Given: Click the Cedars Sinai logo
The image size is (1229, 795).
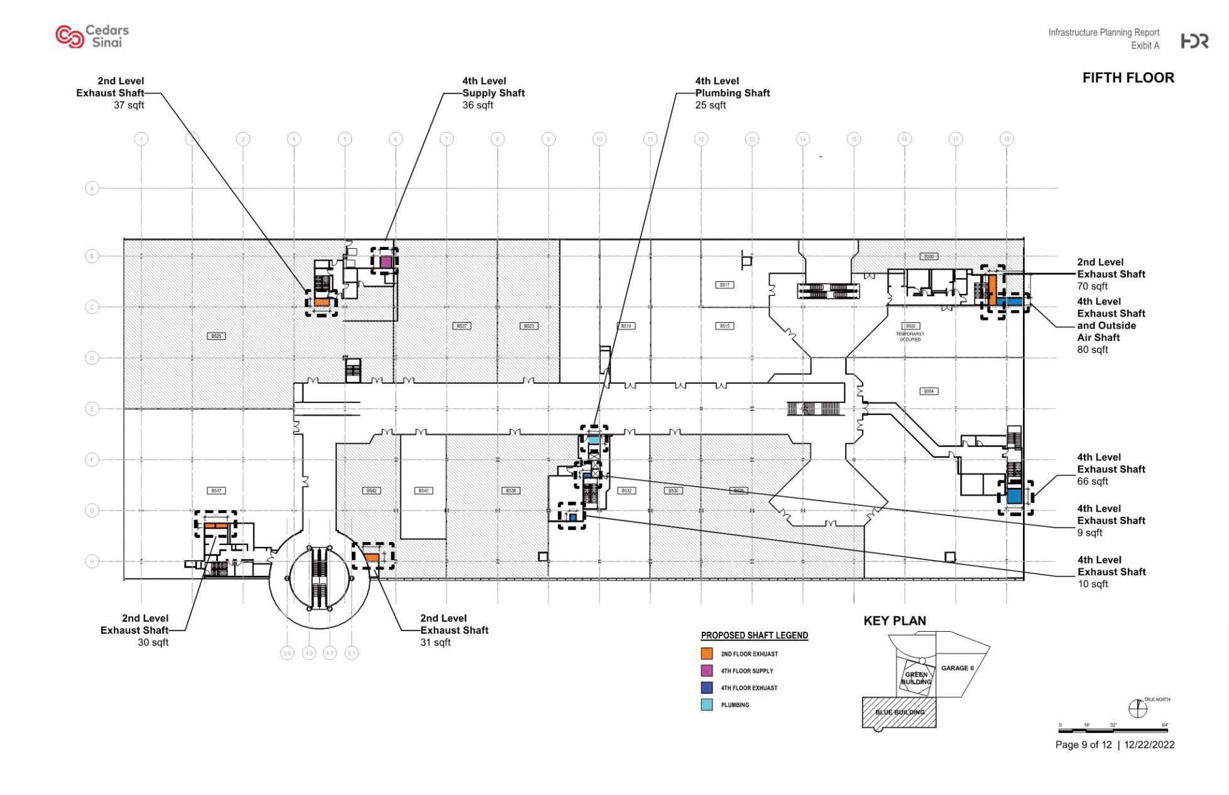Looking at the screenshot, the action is coord(92,36).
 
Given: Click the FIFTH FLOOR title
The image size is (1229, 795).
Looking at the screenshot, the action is coord(1128,78).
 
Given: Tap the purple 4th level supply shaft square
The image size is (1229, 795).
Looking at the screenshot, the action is coord(385,262).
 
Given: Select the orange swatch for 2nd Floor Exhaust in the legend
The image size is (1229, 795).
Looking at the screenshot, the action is coord(707,654).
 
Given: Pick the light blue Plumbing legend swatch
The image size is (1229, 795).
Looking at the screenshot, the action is coord(707,705).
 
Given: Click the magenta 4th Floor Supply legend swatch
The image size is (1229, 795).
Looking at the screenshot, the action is coord(707,671).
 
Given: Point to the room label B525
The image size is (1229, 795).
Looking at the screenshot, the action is coord(216,336).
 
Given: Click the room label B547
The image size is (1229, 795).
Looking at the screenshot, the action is coord(216,490).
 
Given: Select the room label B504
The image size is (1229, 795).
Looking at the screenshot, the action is coord(929,391).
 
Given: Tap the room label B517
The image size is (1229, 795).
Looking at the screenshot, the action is coord(724,285).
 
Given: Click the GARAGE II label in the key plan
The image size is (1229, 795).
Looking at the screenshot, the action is coord(957,668).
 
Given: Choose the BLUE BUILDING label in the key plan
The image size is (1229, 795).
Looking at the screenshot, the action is coord(900,712).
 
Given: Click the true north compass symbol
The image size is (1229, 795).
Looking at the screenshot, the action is coord(1138,709).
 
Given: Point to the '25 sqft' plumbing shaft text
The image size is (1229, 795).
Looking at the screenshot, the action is coord(710,105).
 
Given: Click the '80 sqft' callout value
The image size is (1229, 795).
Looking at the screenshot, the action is coord(1092,350).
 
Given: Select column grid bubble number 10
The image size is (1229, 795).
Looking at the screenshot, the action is coord(599,139).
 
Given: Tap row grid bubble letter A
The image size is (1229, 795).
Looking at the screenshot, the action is coord(92,188).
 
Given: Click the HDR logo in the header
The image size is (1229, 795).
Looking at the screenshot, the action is coord(1194,41).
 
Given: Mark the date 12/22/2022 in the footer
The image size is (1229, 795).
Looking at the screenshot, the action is coord(1149,745).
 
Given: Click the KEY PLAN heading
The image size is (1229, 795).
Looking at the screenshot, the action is coord(894,621).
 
